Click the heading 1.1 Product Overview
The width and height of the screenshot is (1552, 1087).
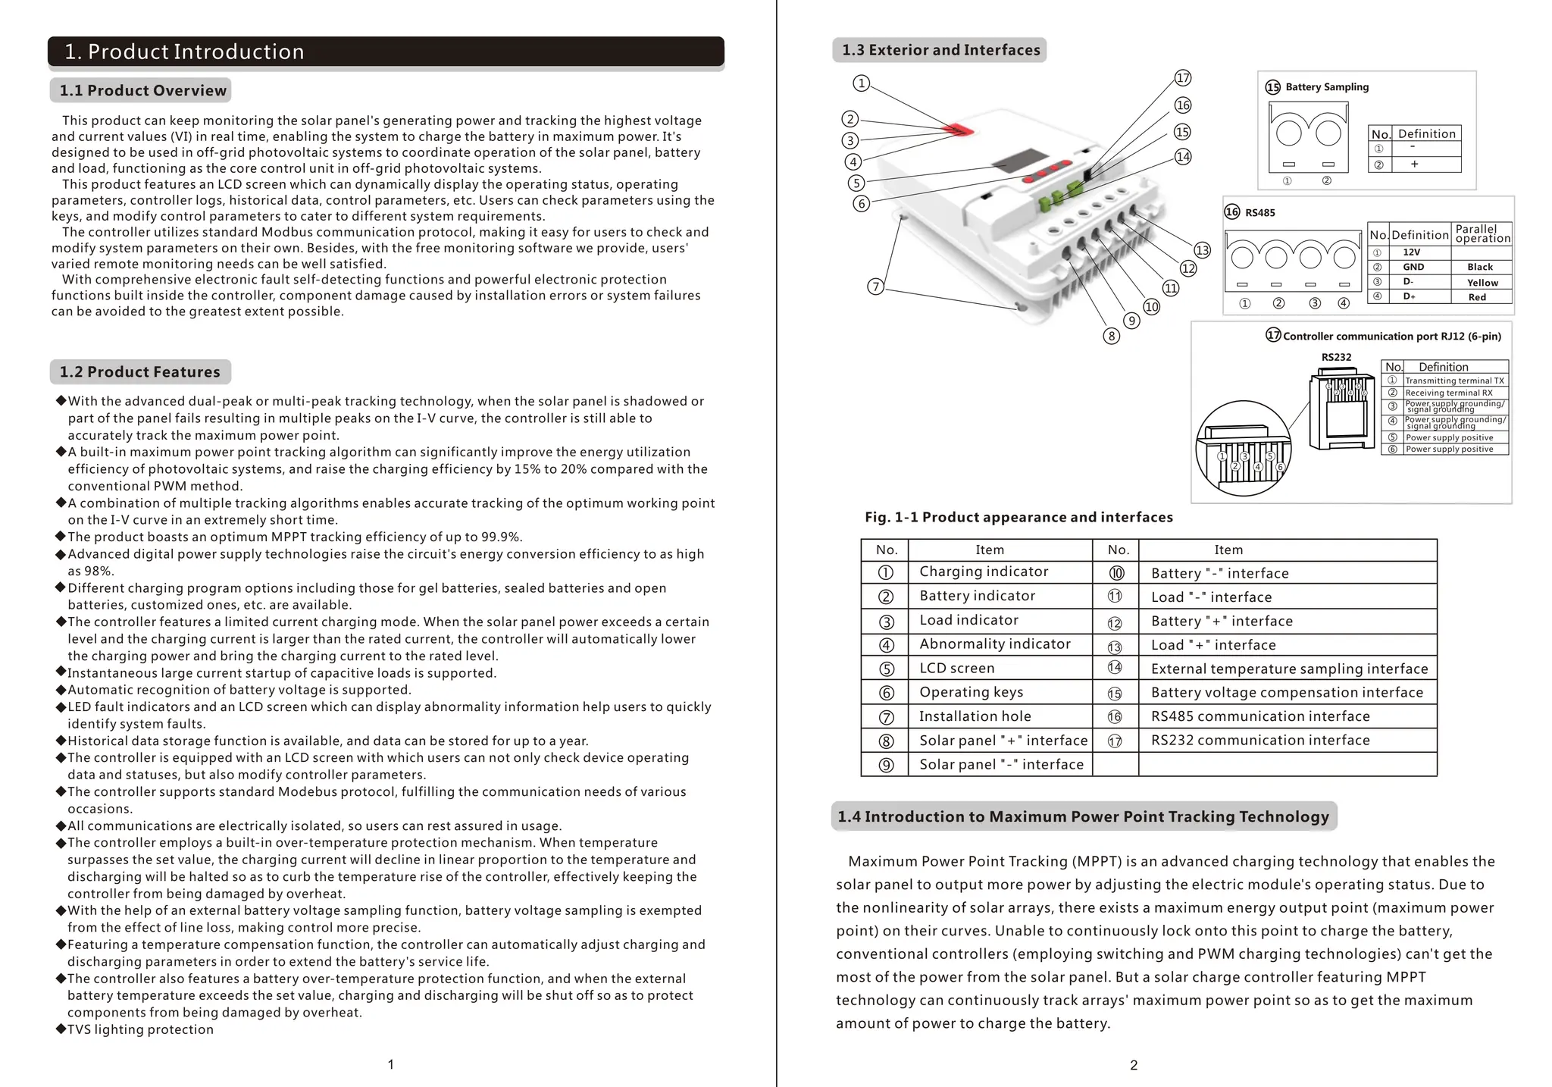pos(142,91)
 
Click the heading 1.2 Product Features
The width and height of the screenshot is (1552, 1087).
pos(139,372)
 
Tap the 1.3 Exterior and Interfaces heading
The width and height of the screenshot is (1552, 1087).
pos(940,50)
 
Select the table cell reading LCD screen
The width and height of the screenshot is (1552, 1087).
pos(956,669)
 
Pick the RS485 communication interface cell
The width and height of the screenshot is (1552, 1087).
pos(1259,716)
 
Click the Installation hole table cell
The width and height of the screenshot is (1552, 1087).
pos(975,716)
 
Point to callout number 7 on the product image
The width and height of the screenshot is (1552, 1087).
pos(875,287)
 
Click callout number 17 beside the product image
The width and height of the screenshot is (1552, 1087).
pos(1183,78)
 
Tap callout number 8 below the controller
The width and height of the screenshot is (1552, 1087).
pos(1111,336)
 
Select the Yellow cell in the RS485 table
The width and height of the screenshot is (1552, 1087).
pos(1482,283)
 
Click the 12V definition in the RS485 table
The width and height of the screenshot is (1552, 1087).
pos(1411,252)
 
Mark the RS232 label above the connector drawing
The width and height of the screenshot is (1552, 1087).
pos(1336,358)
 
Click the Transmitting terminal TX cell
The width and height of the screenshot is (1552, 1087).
pos(1453,381)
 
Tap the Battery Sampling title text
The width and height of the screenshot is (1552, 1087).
pos(1326,87)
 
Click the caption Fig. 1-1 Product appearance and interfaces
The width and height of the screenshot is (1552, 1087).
pos(1018,518)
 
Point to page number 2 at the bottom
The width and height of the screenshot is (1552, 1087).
pos(1134,1065)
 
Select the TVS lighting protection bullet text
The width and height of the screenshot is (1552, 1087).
pos(140,1029)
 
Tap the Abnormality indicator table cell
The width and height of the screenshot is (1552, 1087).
pos(994,644)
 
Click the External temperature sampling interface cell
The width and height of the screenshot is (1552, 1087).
pos(1288,669)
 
